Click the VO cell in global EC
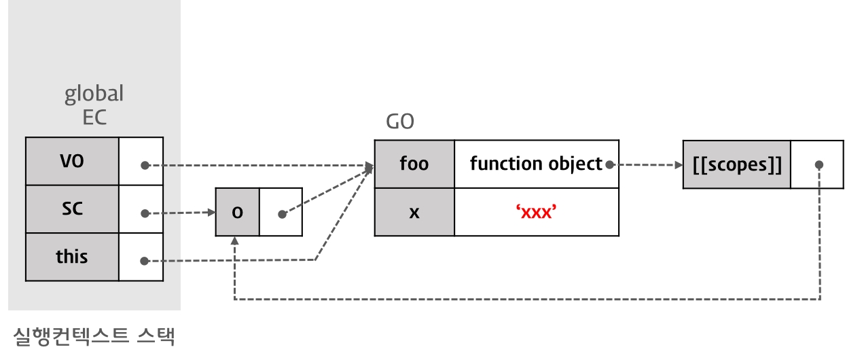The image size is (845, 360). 72,162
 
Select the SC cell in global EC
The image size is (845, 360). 72,209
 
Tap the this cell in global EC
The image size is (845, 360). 72,257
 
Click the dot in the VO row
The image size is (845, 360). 145,165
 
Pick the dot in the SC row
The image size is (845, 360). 145,213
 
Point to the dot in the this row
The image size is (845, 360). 145,260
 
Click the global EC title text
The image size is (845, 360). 94,105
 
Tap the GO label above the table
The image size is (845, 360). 399,122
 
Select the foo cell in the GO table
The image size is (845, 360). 414,164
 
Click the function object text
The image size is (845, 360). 535,164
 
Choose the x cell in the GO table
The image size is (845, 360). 414,212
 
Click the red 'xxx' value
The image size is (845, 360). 537,212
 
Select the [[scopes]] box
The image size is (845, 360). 736,164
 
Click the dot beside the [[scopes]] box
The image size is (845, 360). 819,164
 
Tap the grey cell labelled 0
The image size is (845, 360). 237,212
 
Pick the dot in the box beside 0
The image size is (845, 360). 282,214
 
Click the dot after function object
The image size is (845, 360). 609,164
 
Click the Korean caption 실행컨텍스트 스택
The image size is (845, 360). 94,336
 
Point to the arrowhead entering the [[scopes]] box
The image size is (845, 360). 679,164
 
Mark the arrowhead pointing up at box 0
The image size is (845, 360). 234,241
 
